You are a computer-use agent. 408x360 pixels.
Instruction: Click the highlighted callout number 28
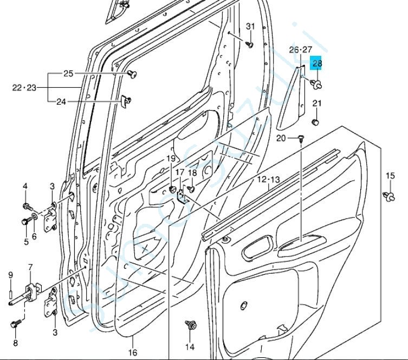tap(317, 64)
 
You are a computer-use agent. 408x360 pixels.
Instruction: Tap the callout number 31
tap(250, 26)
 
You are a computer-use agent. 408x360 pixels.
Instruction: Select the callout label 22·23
tap(24, 87)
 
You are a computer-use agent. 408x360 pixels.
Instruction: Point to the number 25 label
tap(68, 74)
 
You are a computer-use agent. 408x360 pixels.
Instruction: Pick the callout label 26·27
tap(301, 50)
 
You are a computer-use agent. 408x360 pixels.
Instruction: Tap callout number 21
tap(318, 104)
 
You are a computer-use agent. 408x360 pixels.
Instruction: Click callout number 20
tap(281, 138)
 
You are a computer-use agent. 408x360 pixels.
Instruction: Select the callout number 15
tap(390, 175)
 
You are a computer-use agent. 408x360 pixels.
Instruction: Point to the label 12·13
tap(268, 179)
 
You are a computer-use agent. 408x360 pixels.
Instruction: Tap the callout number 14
tap(190, 346)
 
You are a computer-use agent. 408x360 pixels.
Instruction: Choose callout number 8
tap(15, 343)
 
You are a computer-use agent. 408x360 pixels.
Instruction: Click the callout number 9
tap(10, 275)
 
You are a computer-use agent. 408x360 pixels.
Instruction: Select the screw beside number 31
tap(250, 44)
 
